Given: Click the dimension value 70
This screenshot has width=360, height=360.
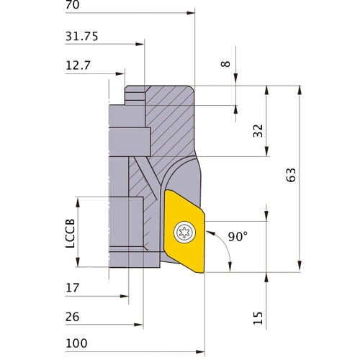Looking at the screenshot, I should [72, 5].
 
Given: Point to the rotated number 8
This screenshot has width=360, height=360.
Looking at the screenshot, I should [225, 64].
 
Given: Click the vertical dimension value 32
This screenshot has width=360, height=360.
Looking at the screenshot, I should [257, 130].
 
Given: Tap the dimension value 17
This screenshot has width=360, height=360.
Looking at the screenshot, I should [73, 287].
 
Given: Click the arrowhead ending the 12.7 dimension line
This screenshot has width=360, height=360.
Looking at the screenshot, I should [122, 73].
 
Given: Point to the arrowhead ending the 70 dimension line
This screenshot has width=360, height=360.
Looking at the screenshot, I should [192, 13].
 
